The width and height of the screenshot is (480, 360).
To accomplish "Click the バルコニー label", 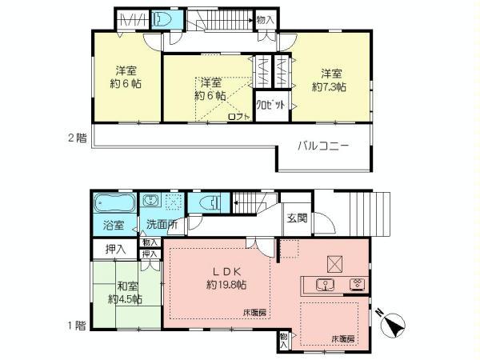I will click(322, 146).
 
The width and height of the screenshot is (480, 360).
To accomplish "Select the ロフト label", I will click(239, 117).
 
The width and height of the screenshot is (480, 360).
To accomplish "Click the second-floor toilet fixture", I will click(163, 20).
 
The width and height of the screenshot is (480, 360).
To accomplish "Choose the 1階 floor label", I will click(76, 325).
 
